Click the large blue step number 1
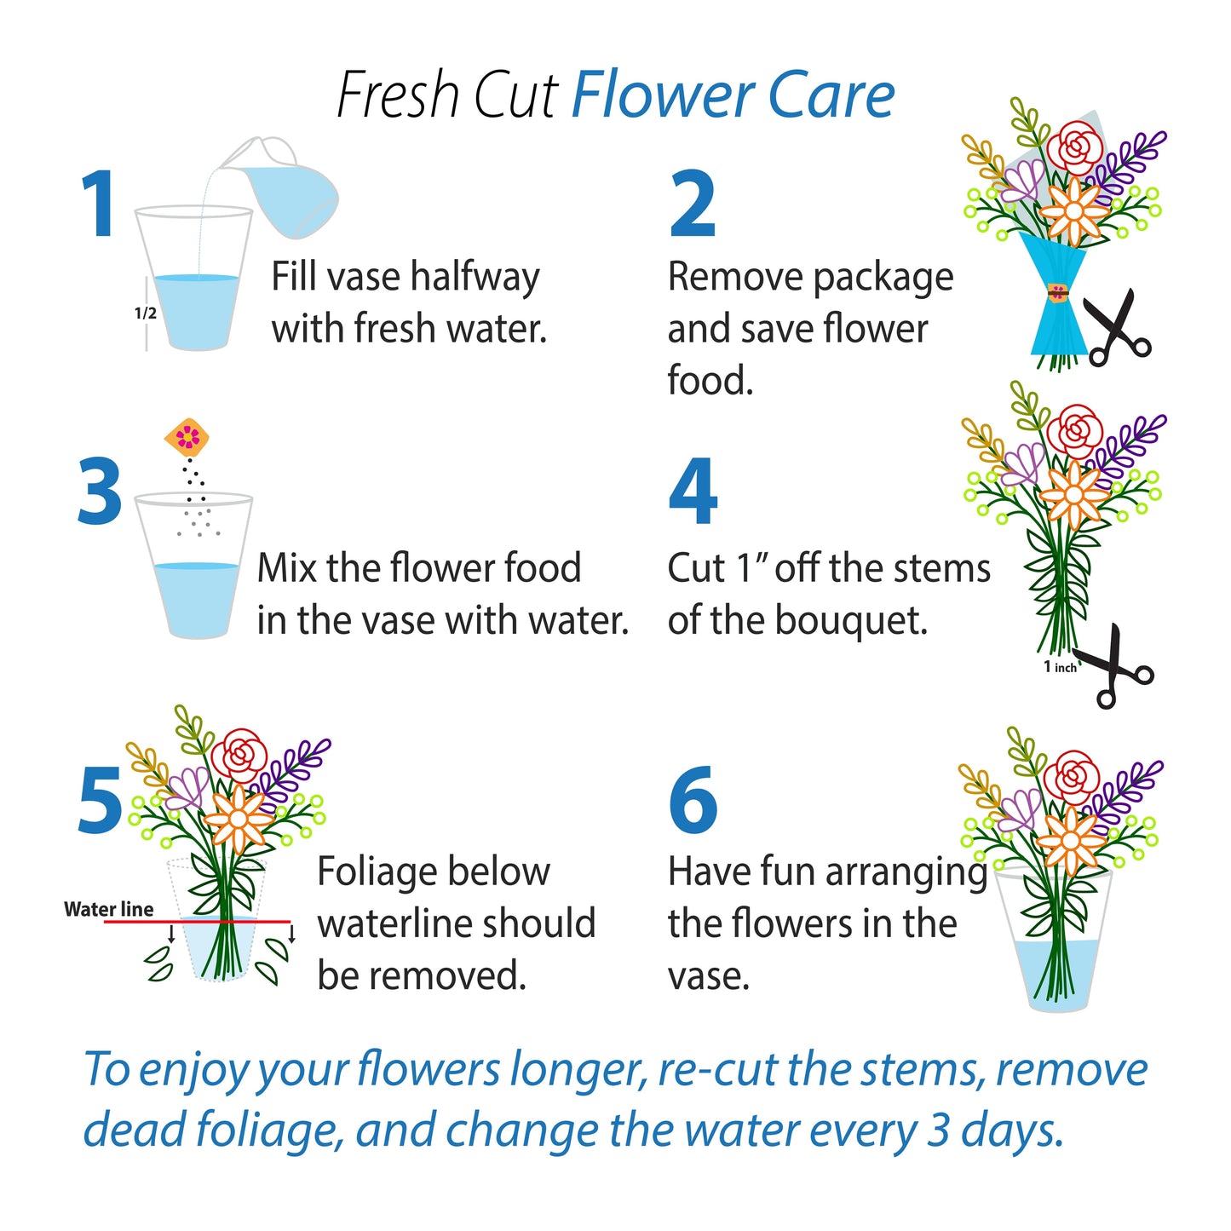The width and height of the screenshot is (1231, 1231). click(x=100, y=204)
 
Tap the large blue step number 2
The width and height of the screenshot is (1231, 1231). click(x=692, y=204)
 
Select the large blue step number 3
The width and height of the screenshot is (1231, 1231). click(x=100, y=492)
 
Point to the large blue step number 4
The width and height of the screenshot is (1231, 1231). click(x=693, y=492)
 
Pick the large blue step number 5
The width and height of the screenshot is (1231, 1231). click(x=100, y=801)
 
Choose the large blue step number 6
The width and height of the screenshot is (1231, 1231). click(x=693, y=801)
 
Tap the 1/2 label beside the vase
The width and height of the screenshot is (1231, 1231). click(x=146, y=314)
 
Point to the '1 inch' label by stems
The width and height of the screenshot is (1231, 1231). click(x=1060, y=667)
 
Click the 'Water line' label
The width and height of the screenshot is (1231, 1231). click(x=108, y=909)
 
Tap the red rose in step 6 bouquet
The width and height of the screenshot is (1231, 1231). click(x=1071, y=778)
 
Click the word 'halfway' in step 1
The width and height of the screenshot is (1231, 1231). click(x=475, y=278)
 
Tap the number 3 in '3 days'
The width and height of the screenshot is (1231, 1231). click(x=938, y=1130)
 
